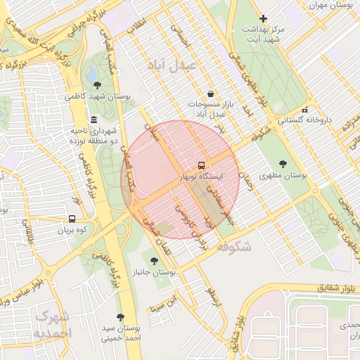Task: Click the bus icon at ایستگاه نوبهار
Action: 202,165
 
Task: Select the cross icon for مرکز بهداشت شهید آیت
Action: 263,18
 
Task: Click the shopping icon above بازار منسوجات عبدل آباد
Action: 210,94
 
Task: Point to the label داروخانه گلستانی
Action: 304,120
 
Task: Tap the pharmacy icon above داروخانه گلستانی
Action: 304,110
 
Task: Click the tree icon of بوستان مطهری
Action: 283,164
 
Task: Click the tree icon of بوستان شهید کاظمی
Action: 96,85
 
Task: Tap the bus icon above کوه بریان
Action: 72,219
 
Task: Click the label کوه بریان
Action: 72,229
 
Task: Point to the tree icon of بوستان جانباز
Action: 155,260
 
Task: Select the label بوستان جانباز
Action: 154,271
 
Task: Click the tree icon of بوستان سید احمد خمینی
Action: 120,317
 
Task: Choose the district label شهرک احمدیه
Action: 53,323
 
